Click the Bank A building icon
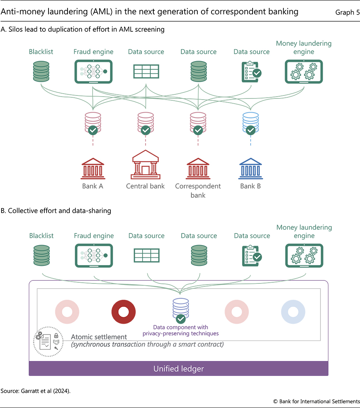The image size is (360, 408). coord(93,169)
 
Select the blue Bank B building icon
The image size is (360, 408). coord(250,169)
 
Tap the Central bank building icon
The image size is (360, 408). coord(145,164)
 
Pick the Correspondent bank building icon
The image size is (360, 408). coord(198,169)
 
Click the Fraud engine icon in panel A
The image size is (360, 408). coord(93,72)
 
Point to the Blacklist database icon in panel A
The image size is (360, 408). coord(41,72)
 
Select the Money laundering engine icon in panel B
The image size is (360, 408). coord(304,255)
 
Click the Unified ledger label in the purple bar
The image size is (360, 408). coord(179,369)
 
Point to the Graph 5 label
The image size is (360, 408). coord(347,12)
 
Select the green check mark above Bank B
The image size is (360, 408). coord(251,130)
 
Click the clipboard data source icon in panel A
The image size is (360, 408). coord(251,72)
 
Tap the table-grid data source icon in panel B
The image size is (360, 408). coord(147,255)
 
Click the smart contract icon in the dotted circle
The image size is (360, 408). coord(48,342)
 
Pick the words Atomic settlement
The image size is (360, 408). coord(98,337)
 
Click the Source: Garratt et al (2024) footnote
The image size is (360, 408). coord(35,391)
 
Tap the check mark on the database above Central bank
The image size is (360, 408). coord(145,130)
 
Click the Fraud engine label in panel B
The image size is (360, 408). coord(94,236)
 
